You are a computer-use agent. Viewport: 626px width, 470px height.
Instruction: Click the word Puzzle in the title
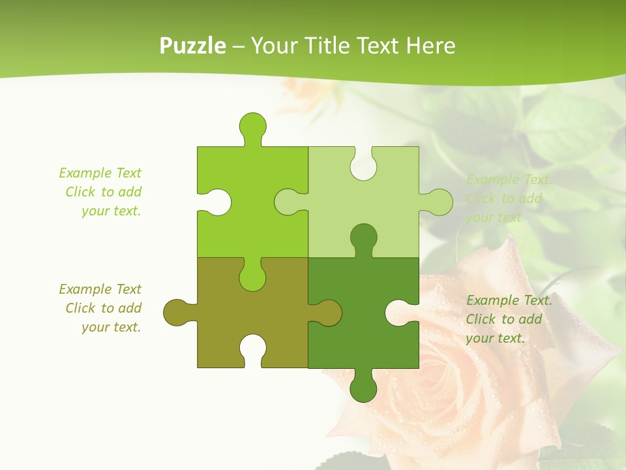pyautogui.click(x=193, y=46)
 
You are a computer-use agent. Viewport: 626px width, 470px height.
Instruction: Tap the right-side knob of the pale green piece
pyautogui.click(x=440, y=202)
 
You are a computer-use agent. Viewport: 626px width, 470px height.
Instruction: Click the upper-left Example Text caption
pyautogui.click(x=101, y=192)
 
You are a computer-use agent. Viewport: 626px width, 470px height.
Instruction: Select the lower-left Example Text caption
pyautogui.click(x=101, y=308)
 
